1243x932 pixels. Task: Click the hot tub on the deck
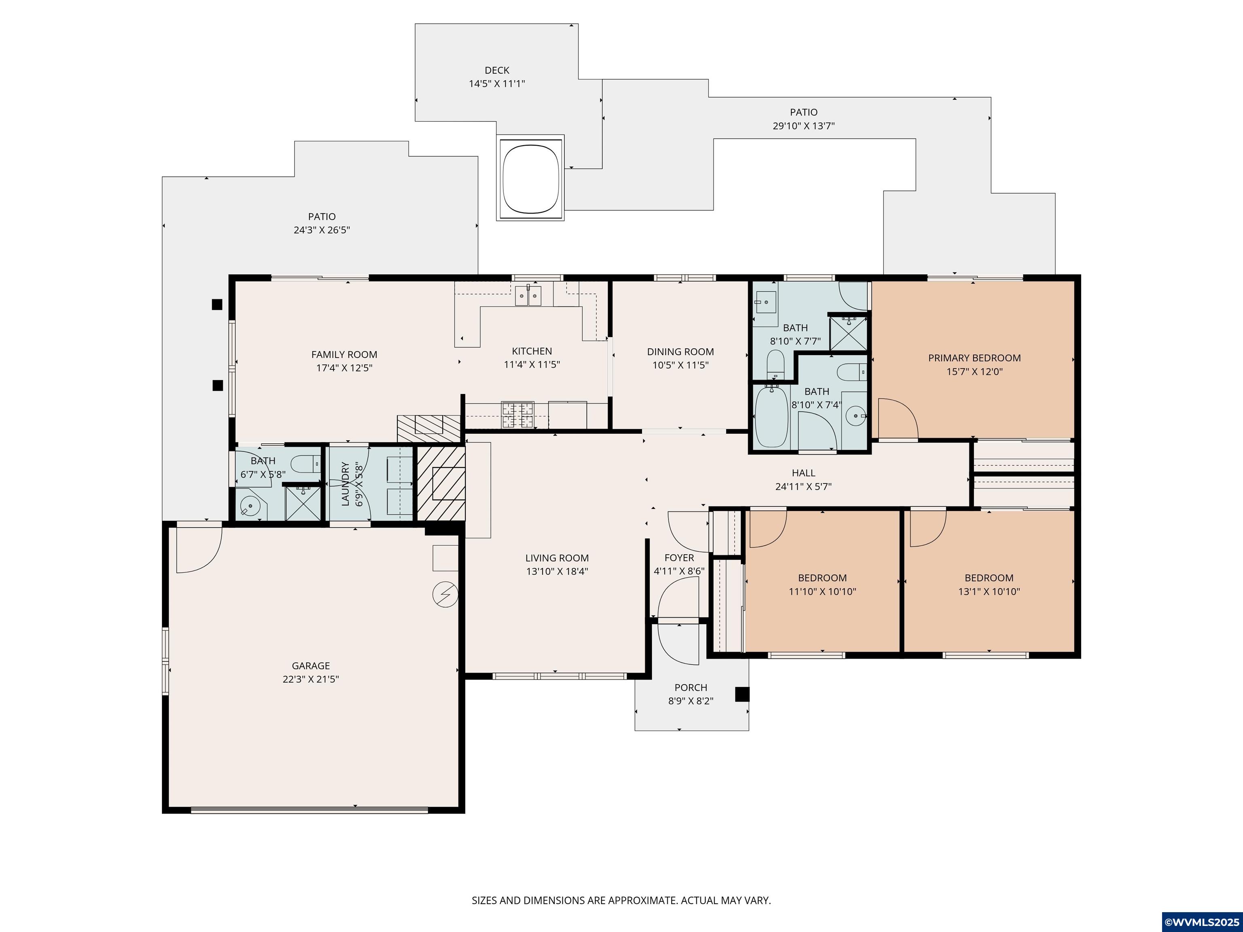tap(530, 178)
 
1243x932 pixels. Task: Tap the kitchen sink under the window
tap(528, 296)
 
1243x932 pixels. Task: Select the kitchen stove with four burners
tap(518, 415)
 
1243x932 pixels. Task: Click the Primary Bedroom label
tap(974, 358)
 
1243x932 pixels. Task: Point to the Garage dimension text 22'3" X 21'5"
tap(311, 679)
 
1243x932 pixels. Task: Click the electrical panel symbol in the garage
tap(445, 594)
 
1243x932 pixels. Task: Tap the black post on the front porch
tap(742, 695)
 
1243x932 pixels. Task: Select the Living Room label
tap(557, 558)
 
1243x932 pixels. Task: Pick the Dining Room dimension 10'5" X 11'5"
tap(681, 365)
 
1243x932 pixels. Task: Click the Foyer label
tap(679, 558)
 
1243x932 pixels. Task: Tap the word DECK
tap(497, 70)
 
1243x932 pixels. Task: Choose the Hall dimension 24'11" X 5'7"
tap(804, 487)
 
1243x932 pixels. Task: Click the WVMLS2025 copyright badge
tap(1202, 922)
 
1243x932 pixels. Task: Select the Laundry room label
tap(345, 484)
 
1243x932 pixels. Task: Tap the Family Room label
tap(344, 354)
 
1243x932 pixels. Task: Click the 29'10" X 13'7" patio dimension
tap(804, 126)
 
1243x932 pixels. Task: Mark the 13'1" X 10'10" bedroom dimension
tap(989, 591)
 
